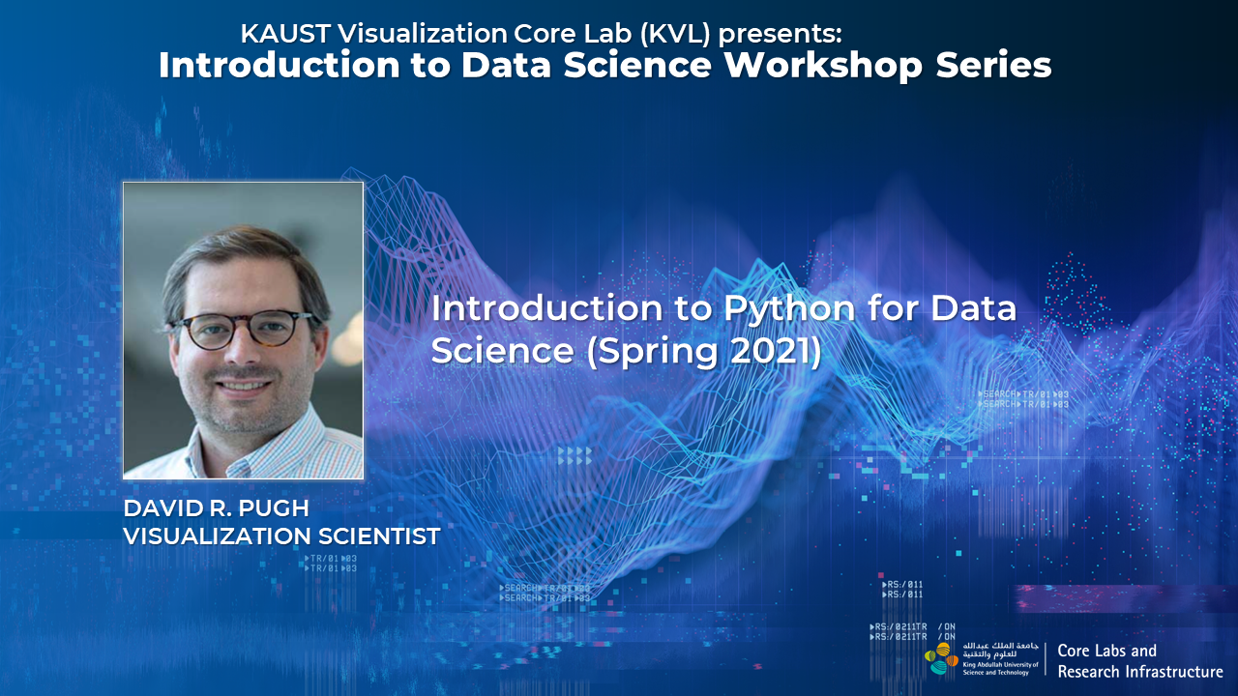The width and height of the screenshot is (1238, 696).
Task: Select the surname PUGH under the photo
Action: [274, 509]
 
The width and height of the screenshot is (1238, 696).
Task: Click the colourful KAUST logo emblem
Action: [942, 658]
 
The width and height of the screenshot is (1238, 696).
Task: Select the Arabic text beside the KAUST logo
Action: [999, 648]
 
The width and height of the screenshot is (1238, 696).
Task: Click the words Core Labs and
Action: [1106, 651]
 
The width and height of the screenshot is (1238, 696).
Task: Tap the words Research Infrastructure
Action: [1139, 671]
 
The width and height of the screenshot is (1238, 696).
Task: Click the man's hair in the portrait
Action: [242, 253]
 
